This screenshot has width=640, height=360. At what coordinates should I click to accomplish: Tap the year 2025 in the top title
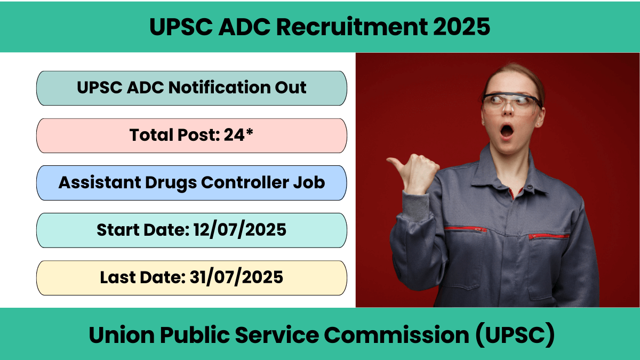461,27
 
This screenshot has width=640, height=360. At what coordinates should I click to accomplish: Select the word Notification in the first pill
219,87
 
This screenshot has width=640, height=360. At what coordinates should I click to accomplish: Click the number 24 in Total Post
234,134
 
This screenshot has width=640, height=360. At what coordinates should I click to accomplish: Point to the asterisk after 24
250,132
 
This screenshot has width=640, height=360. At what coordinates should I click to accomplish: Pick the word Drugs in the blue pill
171,183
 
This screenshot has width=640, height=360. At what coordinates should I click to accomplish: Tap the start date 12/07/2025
239,230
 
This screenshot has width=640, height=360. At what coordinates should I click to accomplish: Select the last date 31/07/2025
236,277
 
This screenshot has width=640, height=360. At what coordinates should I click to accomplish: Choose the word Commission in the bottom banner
397,335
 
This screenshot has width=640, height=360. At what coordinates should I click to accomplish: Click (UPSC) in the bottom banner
515,335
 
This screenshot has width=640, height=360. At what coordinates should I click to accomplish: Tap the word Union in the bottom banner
122,335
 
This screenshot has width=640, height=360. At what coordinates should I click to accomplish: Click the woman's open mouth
507,131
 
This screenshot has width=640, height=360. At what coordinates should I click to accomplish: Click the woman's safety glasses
511,103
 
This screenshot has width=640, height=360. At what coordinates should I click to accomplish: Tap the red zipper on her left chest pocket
549,236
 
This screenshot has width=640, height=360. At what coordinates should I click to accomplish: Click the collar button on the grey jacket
530,187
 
